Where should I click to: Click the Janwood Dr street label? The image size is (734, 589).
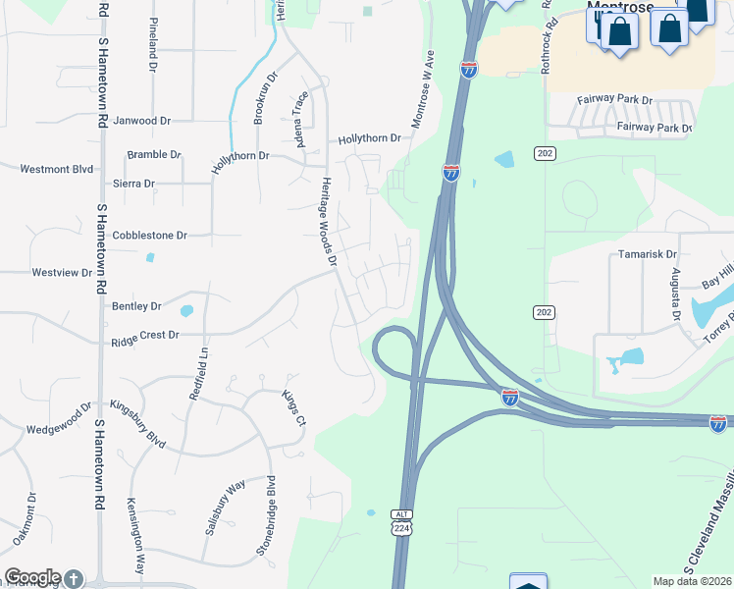142,121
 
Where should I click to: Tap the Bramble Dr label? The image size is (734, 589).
154,155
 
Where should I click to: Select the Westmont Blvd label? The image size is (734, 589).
57,169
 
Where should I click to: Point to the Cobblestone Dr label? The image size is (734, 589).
149,236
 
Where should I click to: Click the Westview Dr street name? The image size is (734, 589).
61,272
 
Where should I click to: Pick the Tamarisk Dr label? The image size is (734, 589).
642,254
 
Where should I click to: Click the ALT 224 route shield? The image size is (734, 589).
401,522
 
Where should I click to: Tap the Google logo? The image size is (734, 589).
32,577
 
